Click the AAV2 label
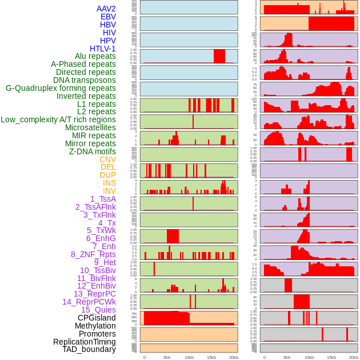point(106,9)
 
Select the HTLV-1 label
point(103,49)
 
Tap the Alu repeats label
point(95,56)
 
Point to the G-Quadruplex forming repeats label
point(61,88)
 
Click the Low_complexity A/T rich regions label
point(58,119)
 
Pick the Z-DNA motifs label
point(93,151)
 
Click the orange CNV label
point(107,159)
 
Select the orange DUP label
point(107,175)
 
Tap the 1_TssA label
point(103,199)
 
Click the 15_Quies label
point(98,310)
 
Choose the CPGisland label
point(97,318)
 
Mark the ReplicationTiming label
point(85,342)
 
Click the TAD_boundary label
point(89,349)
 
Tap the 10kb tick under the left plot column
point(189,357)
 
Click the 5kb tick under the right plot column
point(287,357)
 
